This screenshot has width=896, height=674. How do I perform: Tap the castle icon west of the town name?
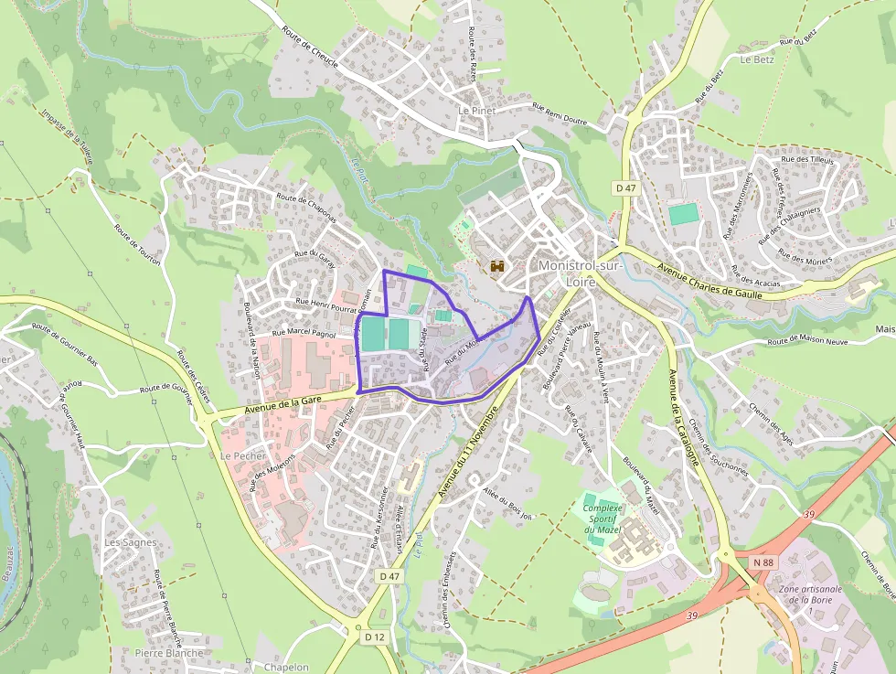pos(497,266)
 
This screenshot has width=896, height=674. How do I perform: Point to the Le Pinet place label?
pos(475,110)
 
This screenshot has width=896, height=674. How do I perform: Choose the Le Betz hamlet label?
pos(756,59)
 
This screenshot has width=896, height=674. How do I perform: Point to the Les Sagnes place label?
pos(130,542)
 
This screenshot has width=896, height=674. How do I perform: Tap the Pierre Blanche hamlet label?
pos(168,653)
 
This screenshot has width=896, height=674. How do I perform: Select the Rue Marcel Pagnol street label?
pos(304,335)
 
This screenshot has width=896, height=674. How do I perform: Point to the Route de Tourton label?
pos(137,245)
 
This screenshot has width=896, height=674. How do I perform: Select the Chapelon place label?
pos(285,667)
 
